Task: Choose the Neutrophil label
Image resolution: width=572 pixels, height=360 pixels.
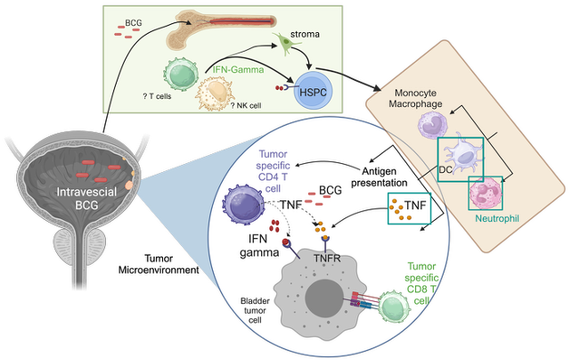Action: (x=496, y=216)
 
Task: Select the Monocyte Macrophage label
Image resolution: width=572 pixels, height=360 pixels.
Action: (x=418, y=101)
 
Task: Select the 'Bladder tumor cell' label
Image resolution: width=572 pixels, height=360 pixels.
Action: (x=253, y=307)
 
